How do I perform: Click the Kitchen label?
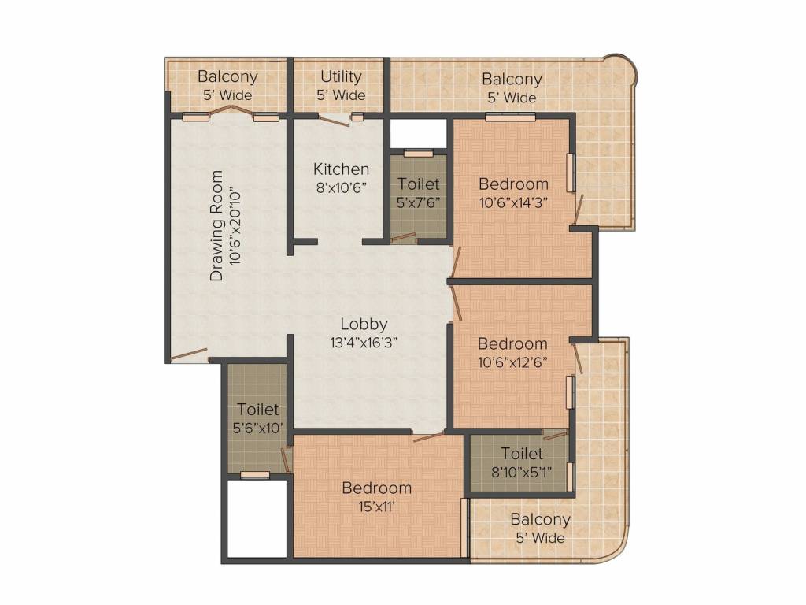coord(341,169)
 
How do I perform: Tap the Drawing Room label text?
coord(216,225)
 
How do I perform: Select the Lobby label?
coord(364,324)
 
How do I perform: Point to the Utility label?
coord(341,76)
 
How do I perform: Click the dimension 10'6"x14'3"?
coord(513,202)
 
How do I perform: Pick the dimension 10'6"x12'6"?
coord(512,362)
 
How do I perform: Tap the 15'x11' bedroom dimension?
coord(377,507)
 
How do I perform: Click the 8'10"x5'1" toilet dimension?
coord(522,472)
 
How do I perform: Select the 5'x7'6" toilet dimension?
coord(419,202)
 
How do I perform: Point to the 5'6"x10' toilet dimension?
coord(257,428)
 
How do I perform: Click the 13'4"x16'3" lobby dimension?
coord(364,343)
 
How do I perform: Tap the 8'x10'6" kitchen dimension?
coord(341,187)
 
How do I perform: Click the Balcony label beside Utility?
coord(227,76)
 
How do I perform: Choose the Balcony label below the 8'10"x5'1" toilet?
coord(540,520)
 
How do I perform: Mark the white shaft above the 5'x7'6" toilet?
coord(419,133)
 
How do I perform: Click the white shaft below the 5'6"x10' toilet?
coord(257,518)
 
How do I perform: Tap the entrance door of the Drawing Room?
coord(189,354)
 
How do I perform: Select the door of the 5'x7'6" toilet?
coord(403,237)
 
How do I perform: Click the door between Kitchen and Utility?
coord(334,121)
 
